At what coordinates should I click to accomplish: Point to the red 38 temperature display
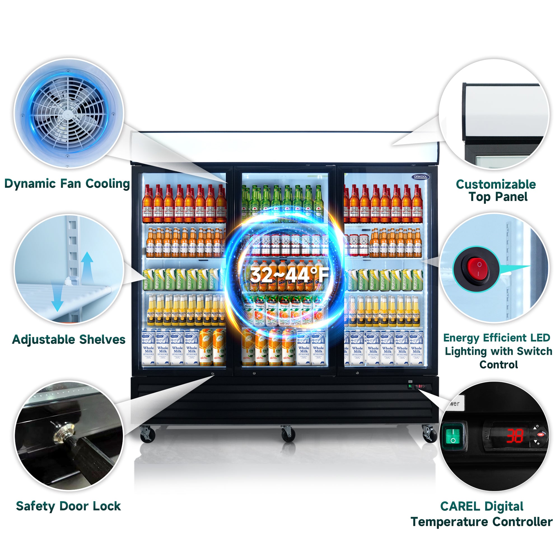[x=515, y=436]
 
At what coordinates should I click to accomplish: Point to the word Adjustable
[x=43, y=340]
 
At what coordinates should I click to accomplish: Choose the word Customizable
[x=496, y=184]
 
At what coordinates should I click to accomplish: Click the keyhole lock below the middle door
[x=254, y=373]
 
